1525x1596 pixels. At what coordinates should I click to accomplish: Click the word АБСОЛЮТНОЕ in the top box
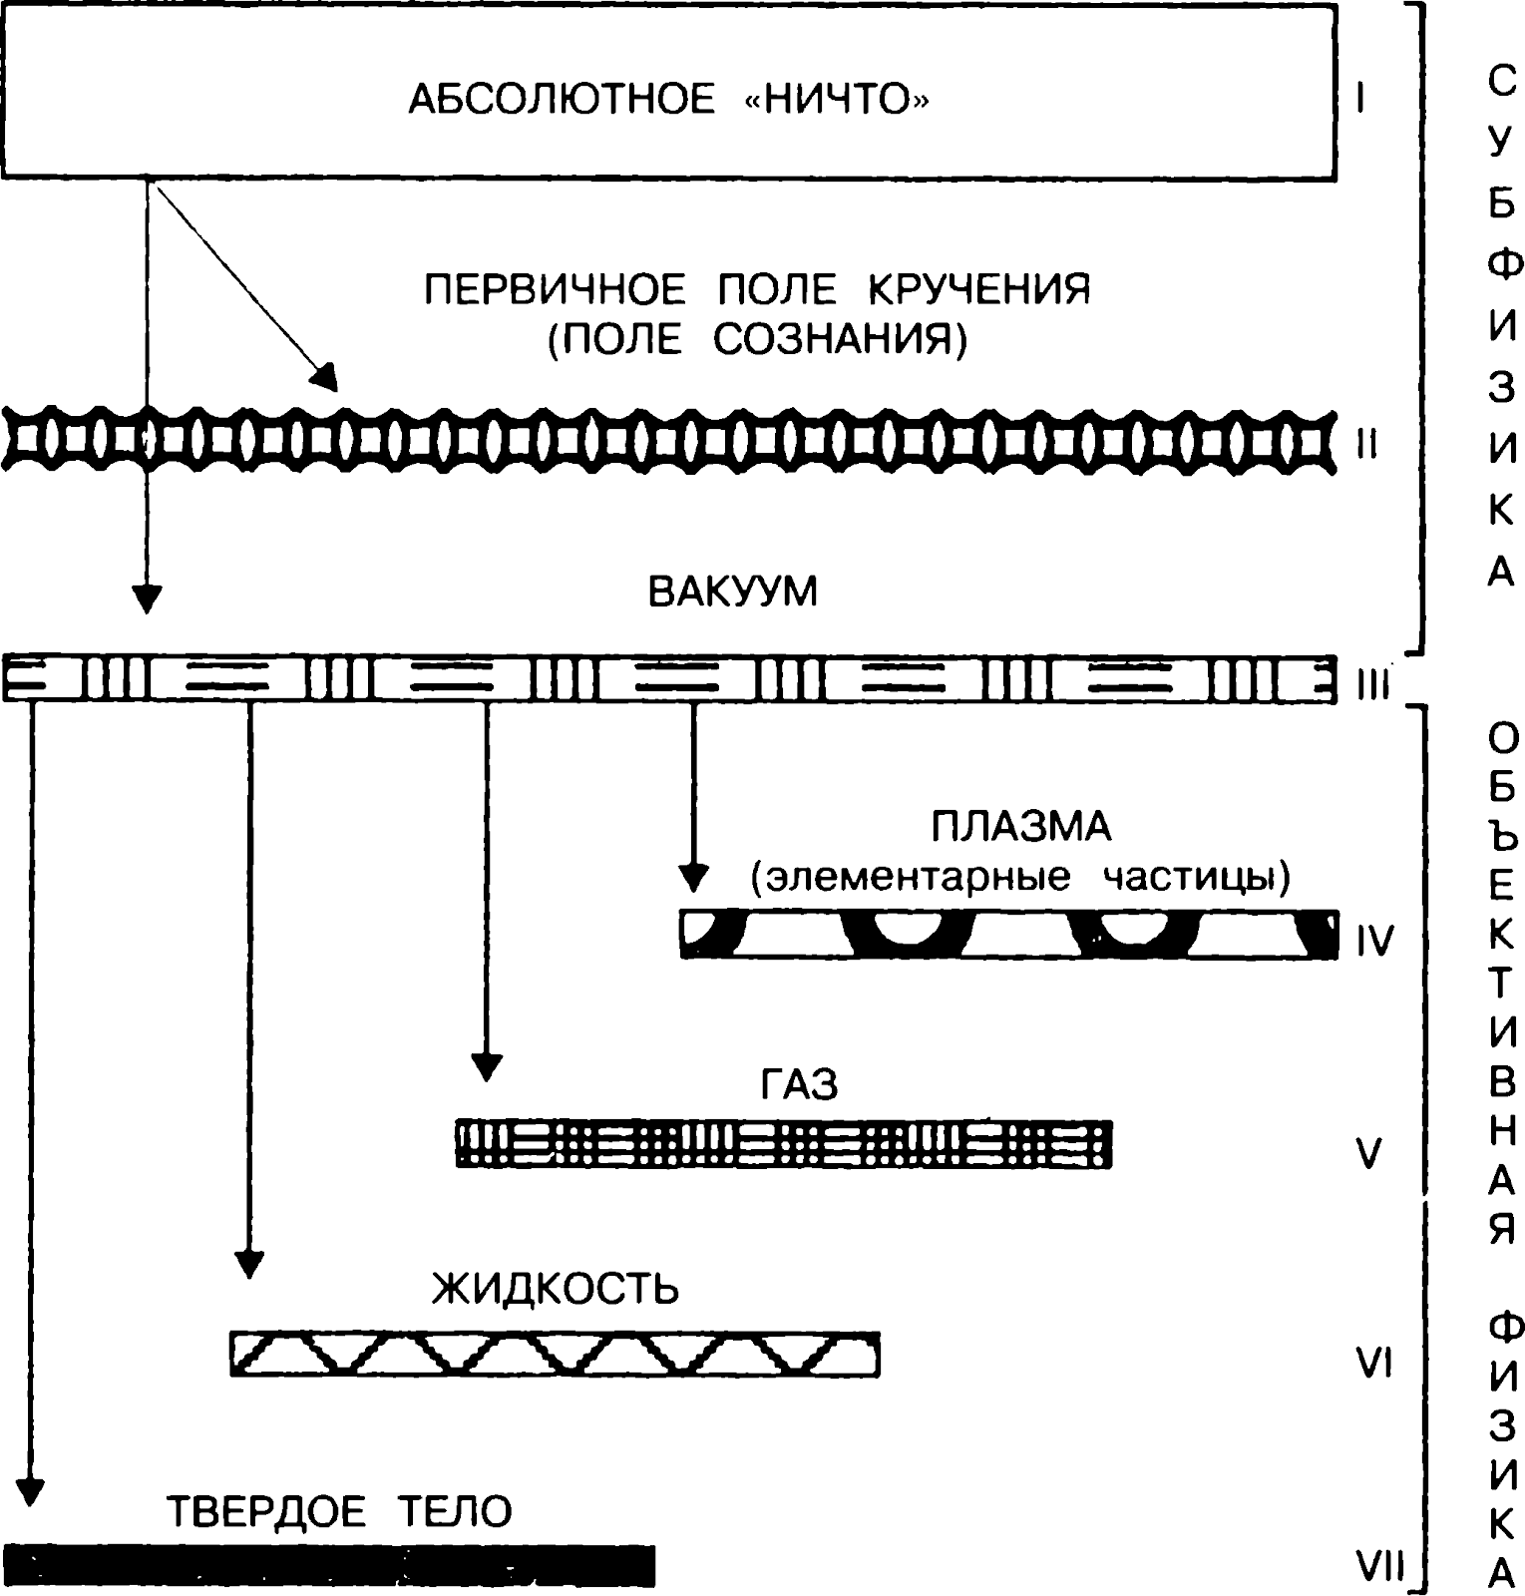pyautogui.click(x=562, y=100)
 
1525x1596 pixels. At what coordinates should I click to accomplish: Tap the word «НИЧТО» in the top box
pyautogui.click(x=837, y=100)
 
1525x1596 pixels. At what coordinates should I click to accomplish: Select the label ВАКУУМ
pyautogui.click(x=733, y=592)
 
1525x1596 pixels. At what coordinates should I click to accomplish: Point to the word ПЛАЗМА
pyautogui.click(x=1021, y=827)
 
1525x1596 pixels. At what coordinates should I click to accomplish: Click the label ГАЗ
pyautogui.click(x=799, y=1084)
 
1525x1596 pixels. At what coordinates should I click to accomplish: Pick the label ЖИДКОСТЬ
pyautogui.click(x=556, y=1289)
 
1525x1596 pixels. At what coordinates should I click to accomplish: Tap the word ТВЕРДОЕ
pyautogui.click(x=266, y=1511)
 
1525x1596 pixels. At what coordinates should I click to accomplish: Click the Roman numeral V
pyautogui.click(x=1369, y=1154)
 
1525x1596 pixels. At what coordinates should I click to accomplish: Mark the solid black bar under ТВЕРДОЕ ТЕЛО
pyautogui.click(x=329, y=1566)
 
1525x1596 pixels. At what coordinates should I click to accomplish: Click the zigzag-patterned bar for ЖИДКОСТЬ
pyautogui.click(x=555, y=1355)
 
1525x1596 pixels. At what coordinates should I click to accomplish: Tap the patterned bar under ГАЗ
pyautogui.click(x=784, y=1143)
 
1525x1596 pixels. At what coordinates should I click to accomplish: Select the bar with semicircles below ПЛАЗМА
pyautogui.click(x=1009, y=935)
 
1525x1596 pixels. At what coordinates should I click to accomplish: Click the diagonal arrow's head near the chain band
pyautogui.click(x=327, y=377)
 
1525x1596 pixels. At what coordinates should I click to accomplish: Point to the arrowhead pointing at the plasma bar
pyautogui.click(x=693, y=877)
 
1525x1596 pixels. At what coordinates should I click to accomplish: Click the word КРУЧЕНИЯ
pyautogui.click(x=978, y=289)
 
